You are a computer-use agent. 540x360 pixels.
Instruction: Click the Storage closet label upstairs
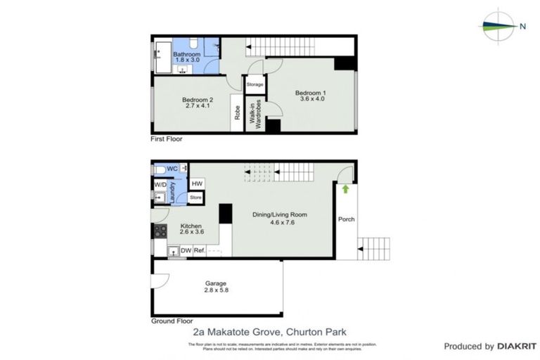coord(255,85)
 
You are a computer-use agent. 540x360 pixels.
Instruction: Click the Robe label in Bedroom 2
coord(238,114)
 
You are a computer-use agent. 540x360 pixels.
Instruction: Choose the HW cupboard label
coord(197,184)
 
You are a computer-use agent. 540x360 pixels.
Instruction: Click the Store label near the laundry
coord(195,198)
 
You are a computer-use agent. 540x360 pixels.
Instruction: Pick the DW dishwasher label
coord(186,250)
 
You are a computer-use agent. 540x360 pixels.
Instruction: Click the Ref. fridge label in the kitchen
coord(199,250)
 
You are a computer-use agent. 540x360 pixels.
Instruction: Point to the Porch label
coord(346,219)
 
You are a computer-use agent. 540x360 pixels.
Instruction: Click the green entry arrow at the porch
coord(345,189)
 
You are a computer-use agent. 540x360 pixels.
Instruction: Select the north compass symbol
coord(499,26)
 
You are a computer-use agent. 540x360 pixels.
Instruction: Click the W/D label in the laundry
coord(160,185)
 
